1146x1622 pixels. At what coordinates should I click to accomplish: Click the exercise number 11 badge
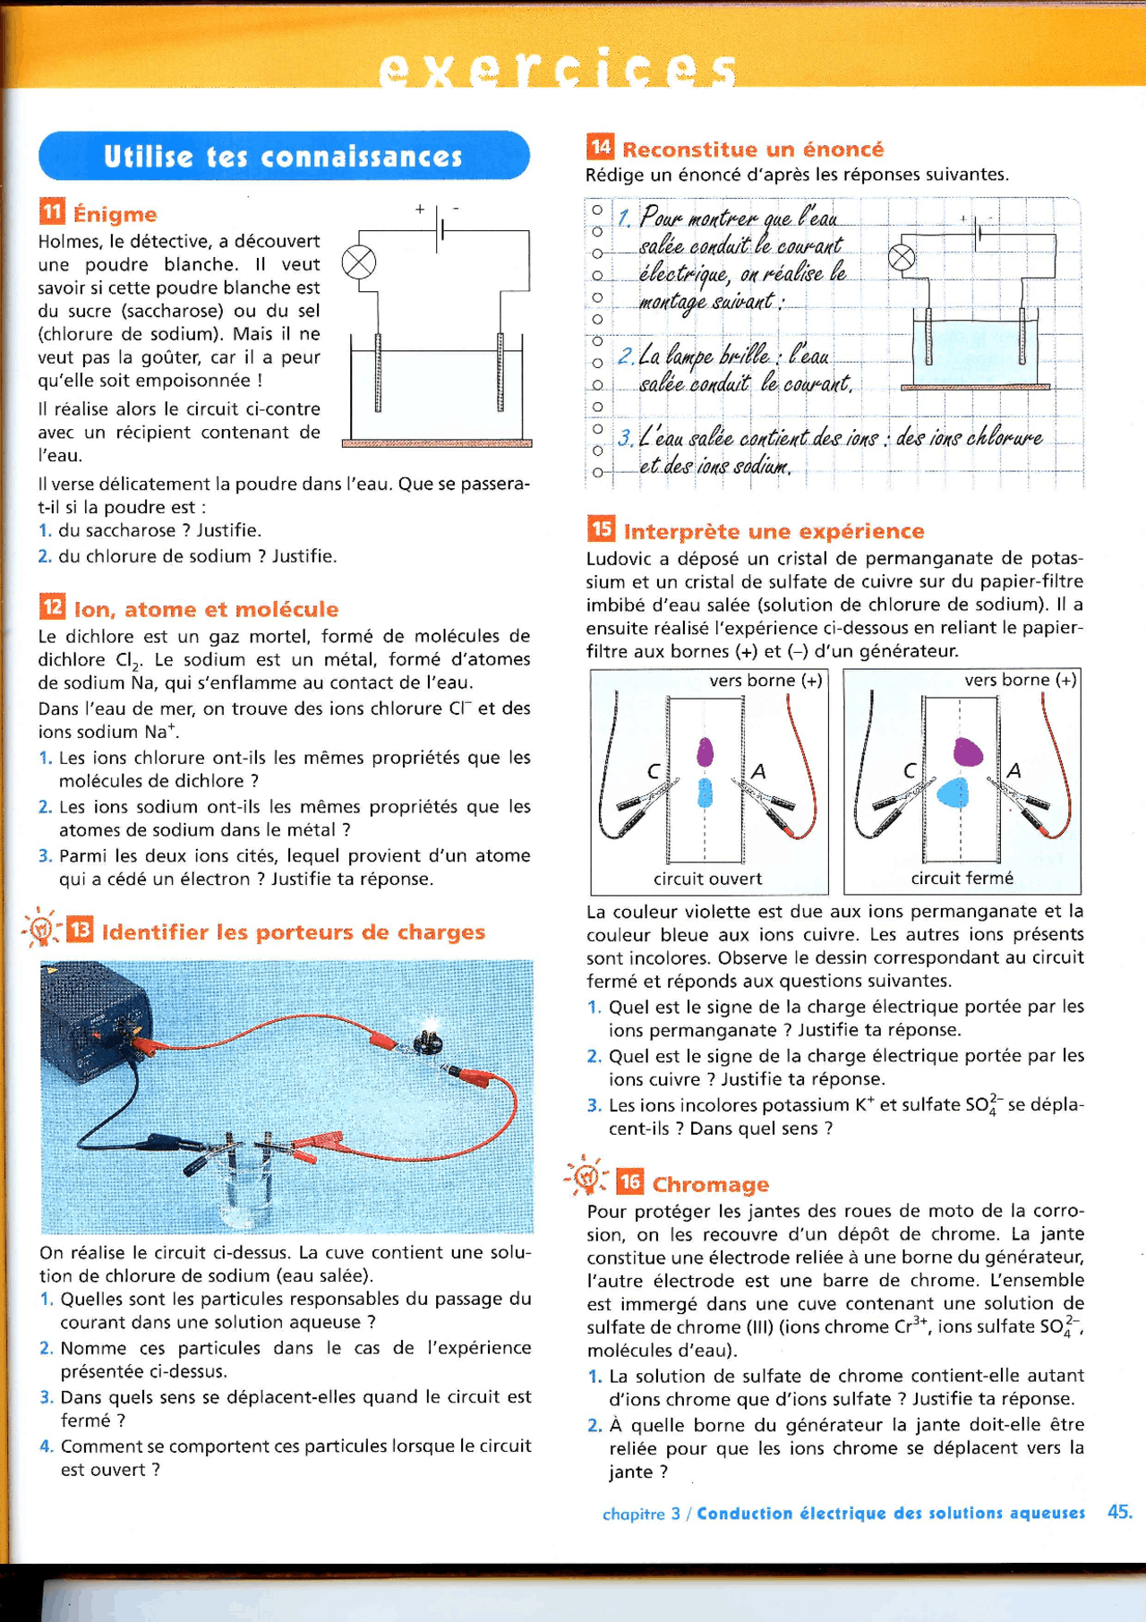(52, 212)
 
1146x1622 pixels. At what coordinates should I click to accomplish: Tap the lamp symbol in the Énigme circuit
(359, 263)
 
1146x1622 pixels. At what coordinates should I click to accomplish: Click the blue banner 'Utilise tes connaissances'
(284, 156)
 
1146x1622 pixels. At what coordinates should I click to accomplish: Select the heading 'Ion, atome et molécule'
(206, 609)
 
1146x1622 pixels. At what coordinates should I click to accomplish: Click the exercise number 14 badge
(600, 147)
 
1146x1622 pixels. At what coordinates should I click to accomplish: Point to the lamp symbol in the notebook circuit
(902, 258)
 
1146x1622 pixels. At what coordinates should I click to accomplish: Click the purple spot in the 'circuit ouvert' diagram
(705, 751)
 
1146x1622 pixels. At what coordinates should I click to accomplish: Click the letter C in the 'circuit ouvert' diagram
(654, 771)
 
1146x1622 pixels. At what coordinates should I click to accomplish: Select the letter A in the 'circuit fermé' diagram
(1013, 770)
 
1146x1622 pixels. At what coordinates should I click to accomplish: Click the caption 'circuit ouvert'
(707, 879)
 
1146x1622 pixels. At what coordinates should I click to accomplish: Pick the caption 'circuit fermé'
(962, 879)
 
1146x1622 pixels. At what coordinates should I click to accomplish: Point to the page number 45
(1119, 1512)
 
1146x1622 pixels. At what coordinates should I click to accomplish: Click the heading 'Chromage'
(710, 1184)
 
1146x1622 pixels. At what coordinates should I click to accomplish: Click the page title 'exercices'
(557, 70)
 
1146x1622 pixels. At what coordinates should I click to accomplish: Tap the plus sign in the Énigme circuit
(419, 209)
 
